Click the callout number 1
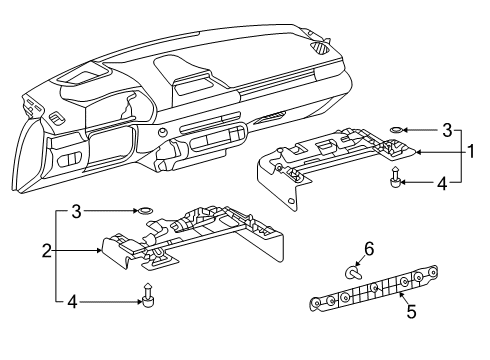point(470,152)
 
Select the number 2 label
point(47,251)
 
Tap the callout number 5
point(412,311)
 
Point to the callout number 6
point(369,249)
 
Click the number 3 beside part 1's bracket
point(447,130)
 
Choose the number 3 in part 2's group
point(77,211)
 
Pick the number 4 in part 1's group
point(442,183)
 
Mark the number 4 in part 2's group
point(72,302)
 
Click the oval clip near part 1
point(396,130)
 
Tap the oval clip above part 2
point(145,210)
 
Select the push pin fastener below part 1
point(395,176)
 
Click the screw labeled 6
point(353,273)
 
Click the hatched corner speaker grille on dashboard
point(322,48)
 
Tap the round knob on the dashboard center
point(162,132)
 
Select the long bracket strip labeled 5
point(374,289)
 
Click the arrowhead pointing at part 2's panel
point(98,250)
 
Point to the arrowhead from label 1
point(419,152)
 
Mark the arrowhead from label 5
point(401,294)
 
